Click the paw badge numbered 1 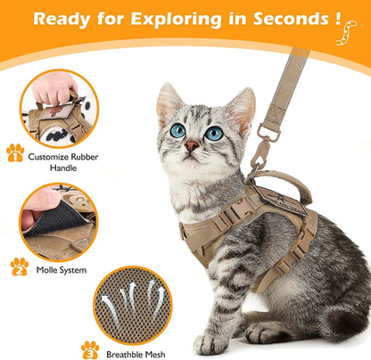point(15,153)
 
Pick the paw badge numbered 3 point(89,349)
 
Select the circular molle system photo point(59,221)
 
